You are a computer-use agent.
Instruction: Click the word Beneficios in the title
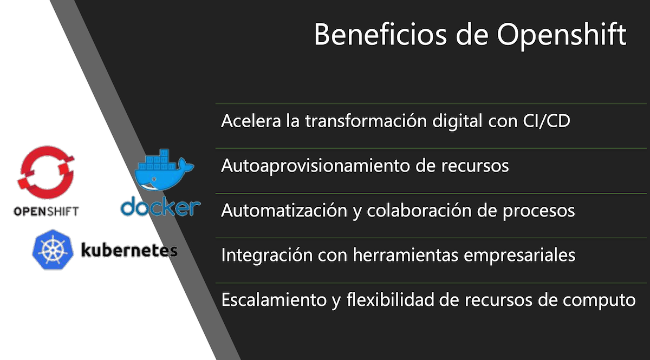(380, 35)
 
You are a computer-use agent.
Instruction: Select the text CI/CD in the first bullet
(547, 121)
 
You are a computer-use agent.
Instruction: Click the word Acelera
(251, 121)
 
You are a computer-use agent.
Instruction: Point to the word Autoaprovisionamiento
(315, 166)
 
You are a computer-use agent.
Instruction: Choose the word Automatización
(284, 210)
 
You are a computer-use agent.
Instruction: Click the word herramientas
(406, 255)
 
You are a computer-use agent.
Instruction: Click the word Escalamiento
(274, 300)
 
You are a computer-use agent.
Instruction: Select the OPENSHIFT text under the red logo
(46, 212)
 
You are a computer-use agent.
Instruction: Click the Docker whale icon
(164, 170)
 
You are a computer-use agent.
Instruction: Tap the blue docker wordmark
(161, 206)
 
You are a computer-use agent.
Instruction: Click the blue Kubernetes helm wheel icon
(53, 250)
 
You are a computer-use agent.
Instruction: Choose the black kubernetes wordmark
(129, 250)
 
